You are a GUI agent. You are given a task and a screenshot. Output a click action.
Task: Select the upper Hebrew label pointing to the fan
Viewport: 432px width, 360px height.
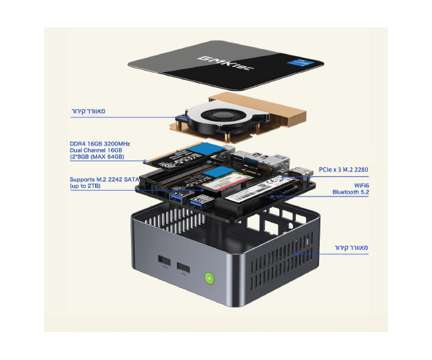pyautogui.click(x=89, y=112)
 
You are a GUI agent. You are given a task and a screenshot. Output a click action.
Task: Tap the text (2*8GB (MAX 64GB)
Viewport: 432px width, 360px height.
pyautogui.click(x=97, y=156)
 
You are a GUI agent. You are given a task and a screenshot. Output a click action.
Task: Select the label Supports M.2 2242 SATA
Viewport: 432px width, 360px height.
pyautogui.click(x=105, y=179)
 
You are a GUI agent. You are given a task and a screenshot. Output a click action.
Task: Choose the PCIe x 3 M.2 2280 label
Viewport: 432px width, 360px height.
pyautogui.click(x=343, y=170)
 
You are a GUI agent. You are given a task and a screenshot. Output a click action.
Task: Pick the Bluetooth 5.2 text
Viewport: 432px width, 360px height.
pyautogui.click(x=351, y=193)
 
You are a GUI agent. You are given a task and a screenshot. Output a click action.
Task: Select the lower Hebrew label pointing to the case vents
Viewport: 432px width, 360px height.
pyautogui.click(x=351, y=248)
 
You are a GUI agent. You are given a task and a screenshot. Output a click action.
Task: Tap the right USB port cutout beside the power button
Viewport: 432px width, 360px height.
pyautogui.click(x=184, y=269)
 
